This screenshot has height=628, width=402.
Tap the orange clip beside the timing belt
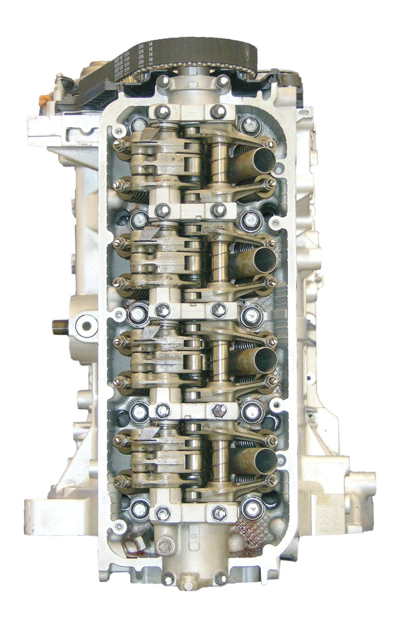(x=42, y=100)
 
